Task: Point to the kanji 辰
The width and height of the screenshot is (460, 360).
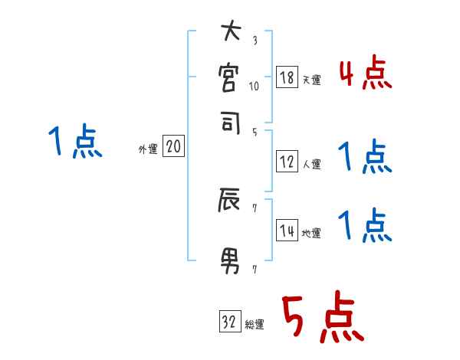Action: [230, 202]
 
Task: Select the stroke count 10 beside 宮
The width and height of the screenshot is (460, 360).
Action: [255, 86]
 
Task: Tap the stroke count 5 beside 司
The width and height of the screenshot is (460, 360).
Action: [254, 131]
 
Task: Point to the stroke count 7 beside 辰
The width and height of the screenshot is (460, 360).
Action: [254, 208]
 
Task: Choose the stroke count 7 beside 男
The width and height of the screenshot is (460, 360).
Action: [254, 269]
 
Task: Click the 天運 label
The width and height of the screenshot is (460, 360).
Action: [311, 80]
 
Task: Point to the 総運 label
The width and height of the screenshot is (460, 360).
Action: [255, 324]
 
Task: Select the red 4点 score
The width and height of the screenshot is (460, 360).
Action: [365, 75]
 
